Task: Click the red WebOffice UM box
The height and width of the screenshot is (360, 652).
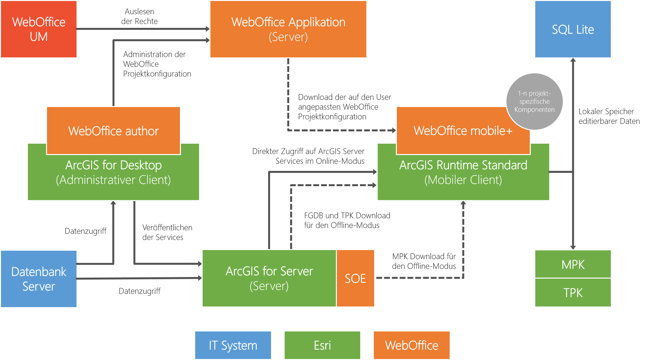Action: click(39, 29)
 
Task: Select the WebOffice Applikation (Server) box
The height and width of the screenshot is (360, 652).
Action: click(288, 29)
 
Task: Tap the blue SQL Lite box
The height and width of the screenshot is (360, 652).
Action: click(573, 30)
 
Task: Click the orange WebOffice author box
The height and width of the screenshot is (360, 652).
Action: click(113, 131)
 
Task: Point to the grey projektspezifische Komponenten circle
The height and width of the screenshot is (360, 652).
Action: click(534, 102)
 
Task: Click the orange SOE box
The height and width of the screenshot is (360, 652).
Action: click(355, 278)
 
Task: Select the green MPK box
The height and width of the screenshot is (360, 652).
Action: click(573, 264)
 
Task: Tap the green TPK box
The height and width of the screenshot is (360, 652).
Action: click(573, 293)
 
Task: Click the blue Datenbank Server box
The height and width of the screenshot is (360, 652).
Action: click(39, 279)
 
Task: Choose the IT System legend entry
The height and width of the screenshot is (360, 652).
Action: click(233, 345)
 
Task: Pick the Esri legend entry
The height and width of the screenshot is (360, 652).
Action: click(322, 345)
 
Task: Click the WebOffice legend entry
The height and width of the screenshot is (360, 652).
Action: click(412, 345)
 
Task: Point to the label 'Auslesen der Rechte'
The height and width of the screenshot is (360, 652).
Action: click(139, 17)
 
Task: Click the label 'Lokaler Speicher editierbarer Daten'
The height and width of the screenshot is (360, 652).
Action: click(609, 116)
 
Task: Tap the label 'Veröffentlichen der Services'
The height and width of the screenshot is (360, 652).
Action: click(167, 233)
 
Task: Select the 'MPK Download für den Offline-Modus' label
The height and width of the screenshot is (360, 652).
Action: click(424, 261)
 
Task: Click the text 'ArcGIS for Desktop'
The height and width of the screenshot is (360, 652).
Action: click(113, 165)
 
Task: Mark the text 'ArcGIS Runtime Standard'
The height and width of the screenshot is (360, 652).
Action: click(463, 165)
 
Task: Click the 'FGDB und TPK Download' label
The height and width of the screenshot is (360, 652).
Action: click(347, 216)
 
